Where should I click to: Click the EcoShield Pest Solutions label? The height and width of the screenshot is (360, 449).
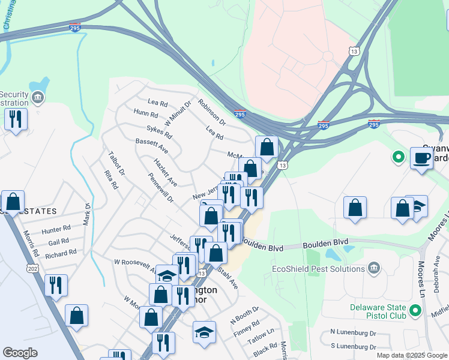tap(318, 269)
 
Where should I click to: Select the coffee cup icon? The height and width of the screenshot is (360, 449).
tap(421, 158)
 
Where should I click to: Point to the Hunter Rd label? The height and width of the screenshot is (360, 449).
tap(56, 229)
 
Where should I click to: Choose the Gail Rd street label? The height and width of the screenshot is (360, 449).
tap(59, 241)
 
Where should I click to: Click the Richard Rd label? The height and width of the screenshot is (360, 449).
tap(61, 253)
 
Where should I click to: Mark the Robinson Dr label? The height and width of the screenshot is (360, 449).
tap(211, 112)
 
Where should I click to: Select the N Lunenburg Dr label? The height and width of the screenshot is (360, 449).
tap(353, 332)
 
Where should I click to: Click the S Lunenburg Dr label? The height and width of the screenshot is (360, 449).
tap(353, 347)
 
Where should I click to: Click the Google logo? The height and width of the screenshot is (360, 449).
tap(20, 353)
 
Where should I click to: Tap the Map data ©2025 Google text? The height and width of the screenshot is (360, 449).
tap(412, 355)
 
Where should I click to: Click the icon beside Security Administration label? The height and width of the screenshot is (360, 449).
tap(37, 97)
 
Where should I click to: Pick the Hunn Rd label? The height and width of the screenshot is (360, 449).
tap(146, 114)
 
